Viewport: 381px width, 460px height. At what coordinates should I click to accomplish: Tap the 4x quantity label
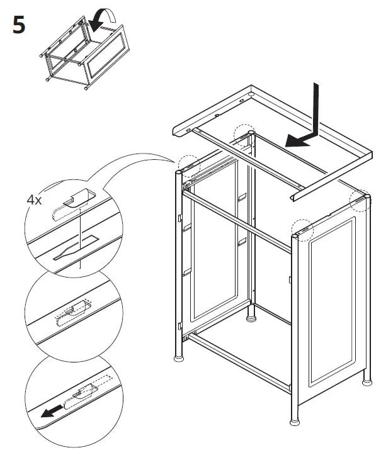pyautogui.click(x=35, y=200)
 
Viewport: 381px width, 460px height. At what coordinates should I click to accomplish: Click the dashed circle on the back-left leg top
pyautogui.click(x=188, y=165)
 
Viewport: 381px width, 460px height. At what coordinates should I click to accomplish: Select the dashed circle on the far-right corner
pyautogui.click(x=360, y=199)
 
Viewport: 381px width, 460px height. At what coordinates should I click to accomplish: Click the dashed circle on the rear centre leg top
pyautogui.click(x=244, y=133)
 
